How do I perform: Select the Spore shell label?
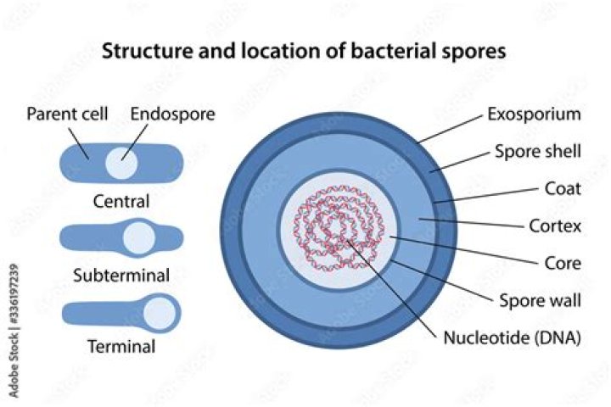click(x=537, y=152)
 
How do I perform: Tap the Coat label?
click(x=563, y=188)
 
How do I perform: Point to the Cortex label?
click(x=555, y=226)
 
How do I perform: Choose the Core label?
click(x=563, y=263)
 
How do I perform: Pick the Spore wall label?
click(x=539, y=300)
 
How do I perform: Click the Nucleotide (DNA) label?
click(x=513, y=337)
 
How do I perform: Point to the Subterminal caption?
click(x=122, y=275)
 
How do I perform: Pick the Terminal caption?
click(x=122, y=346)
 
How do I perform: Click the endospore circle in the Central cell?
click(x=121, y=162)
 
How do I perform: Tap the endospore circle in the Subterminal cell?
click(x=138, y=238)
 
